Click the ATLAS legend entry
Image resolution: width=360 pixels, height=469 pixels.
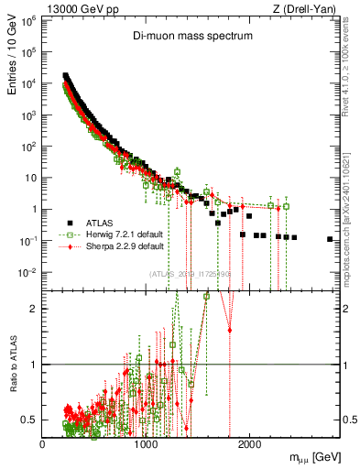pos(102,224)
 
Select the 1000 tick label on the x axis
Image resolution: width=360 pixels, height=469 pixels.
pos(146,443)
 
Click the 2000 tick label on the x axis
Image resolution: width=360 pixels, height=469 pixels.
pos(248,443)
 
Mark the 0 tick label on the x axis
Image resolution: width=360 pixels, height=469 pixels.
pos(42,443)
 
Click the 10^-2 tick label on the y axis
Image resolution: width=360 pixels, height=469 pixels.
pos(27,272)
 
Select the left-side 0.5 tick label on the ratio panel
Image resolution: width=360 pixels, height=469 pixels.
pos(30,420)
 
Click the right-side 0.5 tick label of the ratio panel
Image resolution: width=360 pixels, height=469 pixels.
pos(348,420)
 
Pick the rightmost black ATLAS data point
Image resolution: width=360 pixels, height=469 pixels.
pos(330,239)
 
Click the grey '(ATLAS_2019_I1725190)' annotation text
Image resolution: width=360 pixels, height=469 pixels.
pos(190,274)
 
